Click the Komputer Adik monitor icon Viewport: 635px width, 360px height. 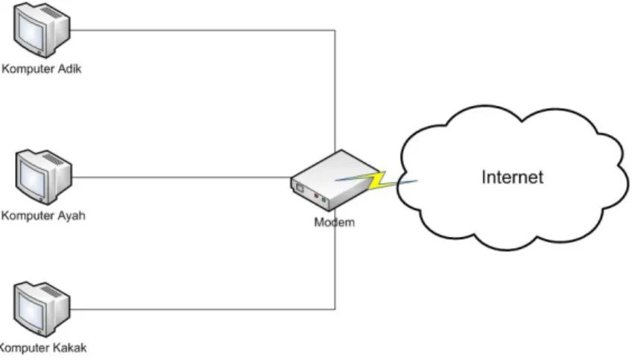tap(42, 29)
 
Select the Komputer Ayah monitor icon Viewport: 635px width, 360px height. tap(44, 177)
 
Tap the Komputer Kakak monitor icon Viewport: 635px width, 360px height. tap(42, 309)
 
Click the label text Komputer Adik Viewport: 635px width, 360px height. tap(42, 69)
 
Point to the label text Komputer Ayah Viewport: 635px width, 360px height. tap(43, 215)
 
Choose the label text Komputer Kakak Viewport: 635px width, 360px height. tap(43, 348)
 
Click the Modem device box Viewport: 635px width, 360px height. tap(335, 180)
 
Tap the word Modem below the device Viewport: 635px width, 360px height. tap(335, 222)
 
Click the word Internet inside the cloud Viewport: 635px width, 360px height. tap(512, 177)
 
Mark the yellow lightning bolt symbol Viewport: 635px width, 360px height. tap(379, 181)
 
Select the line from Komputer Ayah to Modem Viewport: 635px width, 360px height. tap(181, 177)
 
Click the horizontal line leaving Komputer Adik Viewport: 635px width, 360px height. tap(203, 30)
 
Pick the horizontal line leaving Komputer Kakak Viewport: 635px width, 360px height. tap(203, 309)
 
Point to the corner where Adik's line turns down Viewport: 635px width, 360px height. tap(335, 30)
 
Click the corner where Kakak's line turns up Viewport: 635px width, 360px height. tap(335, 309)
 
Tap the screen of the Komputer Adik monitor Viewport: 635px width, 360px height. tap(31, 31)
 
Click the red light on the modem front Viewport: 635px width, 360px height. tap(316, 196)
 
